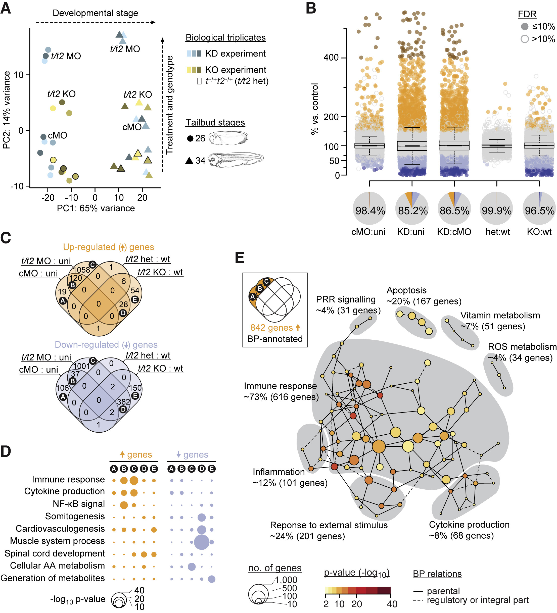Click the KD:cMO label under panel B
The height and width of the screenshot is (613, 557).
click(454, 232)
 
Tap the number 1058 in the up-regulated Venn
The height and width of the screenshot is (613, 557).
click(81, 270)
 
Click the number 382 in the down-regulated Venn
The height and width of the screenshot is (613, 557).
click(123, 402)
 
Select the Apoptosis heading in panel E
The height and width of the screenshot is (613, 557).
click(406, 290)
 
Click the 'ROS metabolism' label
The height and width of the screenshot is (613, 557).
click(522, 347)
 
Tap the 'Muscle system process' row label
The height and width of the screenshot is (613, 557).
click(57, 541)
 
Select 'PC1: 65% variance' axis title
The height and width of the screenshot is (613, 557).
click(96, 208)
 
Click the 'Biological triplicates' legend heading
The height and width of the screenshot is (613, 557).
click(225, 38)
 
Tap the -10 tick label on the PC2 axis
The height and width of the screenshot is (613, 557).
click(17, 186)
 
